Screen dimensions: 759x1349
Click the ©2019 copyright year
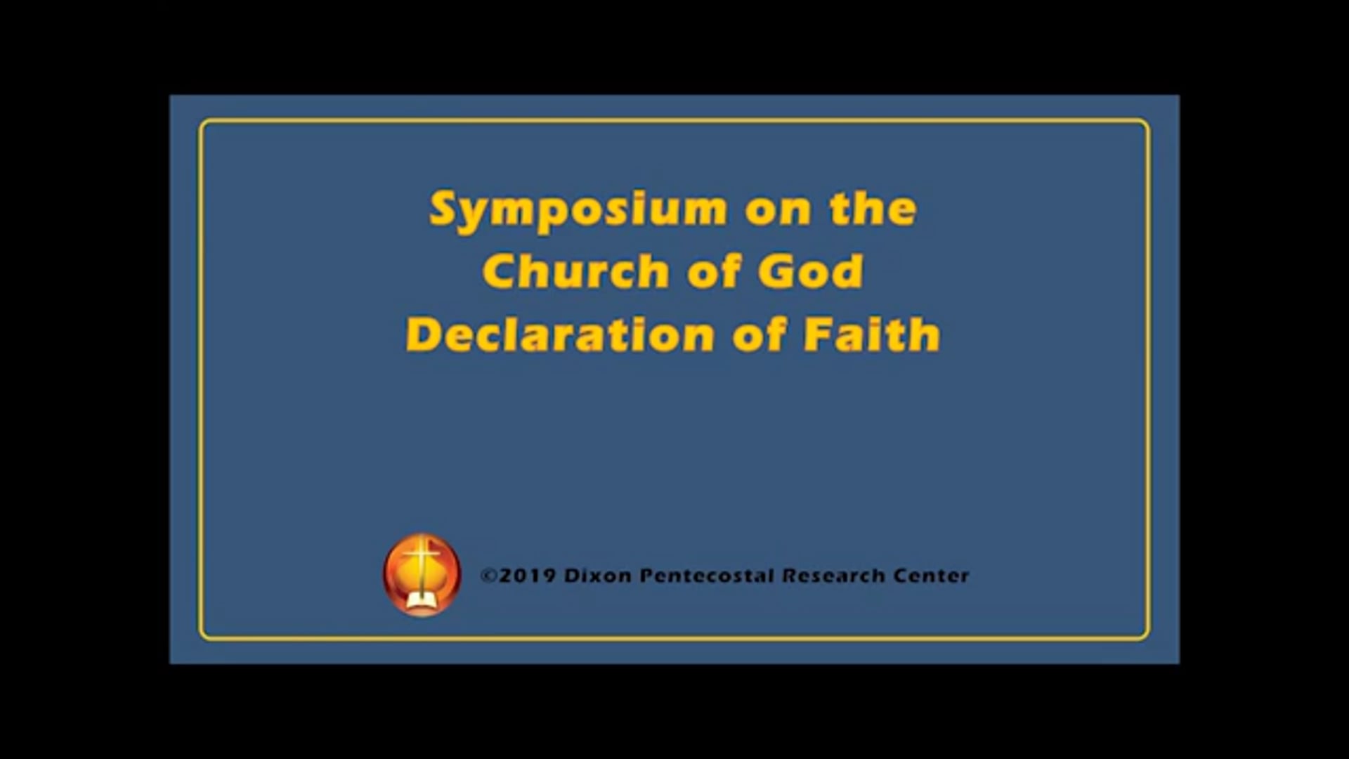tap(518, 576)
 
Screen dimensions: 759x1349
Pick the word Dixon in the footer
tap(597, 576)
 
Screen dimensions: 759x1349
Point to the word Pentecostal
tap(707, 576)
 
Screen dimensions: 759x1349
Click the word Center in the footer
tap(931, 576)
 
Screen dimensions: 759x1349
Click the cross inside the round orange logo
tap(422, 562)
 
